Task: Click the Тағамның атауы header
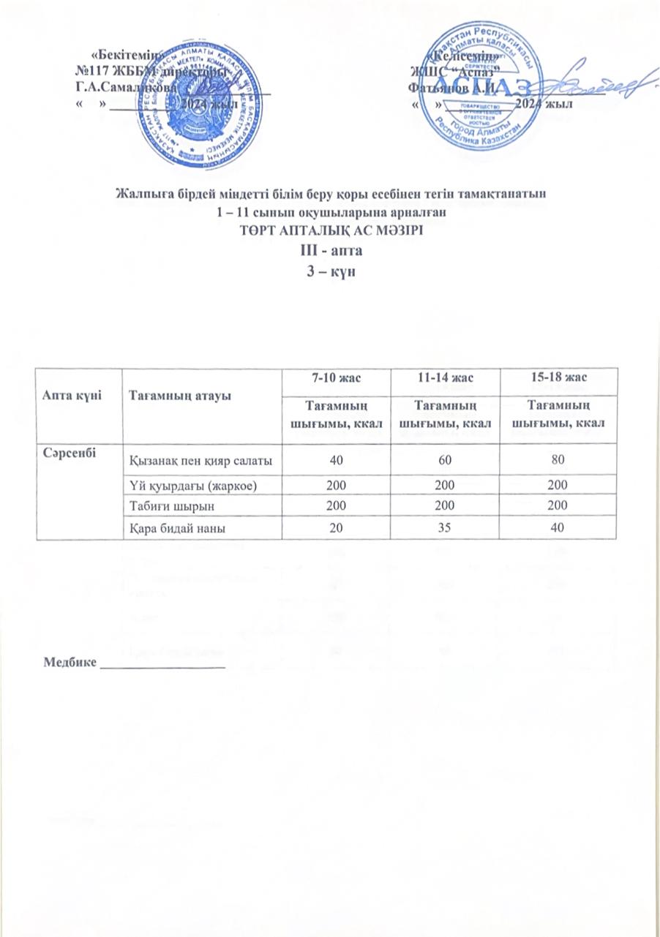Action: (170, 395)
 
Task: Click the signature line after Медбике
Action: (162, 668)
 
